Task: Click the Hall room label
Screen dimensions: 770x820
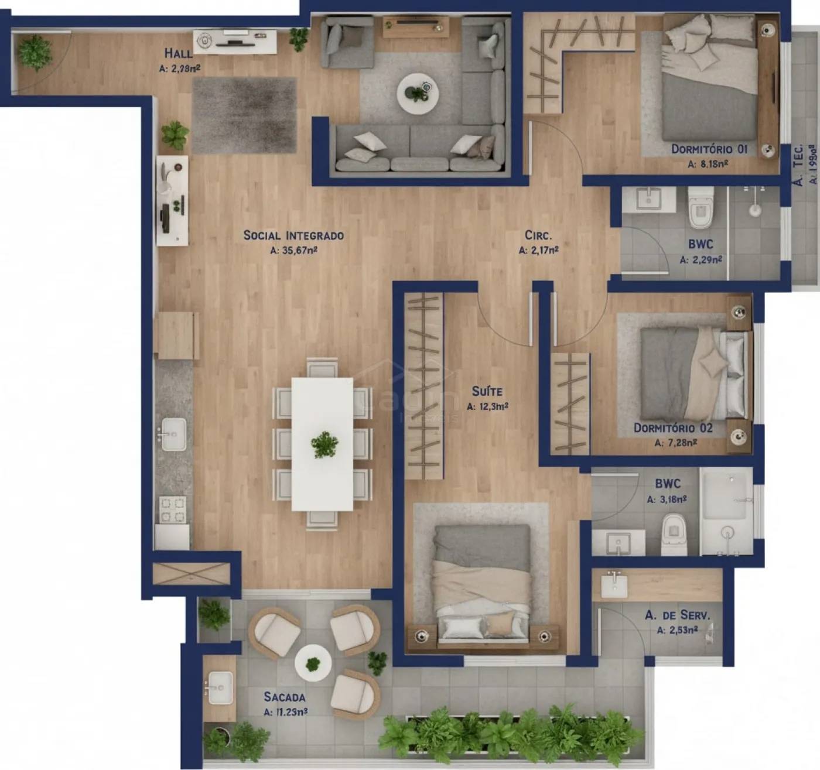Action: click(177, 53)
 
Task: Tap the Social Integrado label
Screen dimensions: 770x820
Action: click(293, 235)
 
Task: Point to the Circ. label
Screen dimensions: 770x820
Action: click(538, 235)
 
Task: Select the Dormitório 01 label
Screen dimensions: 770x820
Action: click(709, 149)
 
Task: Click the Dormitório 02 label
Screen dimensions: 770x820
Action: click(673, 428)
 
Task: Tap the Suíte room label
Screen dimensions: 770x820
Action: click(487, 391)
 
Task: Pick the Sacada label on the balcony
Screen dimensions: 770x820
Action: click(284, 697)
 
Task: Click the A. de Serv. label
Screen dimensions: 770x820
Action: click(677, 615)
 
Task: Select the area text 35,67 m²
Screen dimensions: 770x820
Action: click(294, 251)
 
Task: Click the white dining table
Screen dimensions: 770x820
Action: click(322, 443)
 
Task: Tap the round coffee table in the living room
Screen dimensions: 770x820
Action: click(417, 94)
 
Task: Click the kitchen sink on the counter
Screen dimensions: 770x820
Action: click(173, 434)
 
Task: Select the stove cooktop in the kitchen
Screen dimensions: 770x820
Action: click(173, 509)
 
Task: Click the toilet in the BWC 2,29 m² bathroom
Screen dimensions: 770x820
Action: click(701, 207)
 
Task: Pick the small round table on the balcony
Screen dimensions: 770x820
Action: click(313, 663)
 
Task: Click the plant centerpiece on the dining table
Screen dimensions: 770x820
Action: click(324, 445)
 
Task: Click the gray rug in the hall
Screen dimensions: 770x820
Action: click(244, 115)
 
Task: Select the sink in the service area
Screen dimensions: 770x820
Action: click(614, 586)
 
